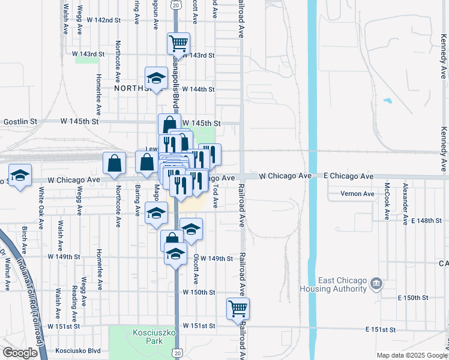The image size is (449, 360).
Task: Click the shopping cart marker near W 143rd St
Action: (178, 43)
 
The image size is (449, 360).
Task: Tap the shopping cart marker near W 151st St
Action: (238, 308)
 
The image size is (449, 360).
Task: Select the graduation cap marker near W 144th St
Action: (156, 78)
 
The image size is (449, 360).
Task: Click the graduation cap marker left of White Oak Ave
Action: (20, 176)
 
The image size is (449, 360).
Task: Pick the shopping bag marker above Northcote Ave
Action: (114, 163)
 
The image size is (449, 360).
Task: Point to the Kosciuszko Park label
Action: (146, 337)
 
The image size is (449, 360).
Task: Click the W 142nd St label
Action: (100, 20)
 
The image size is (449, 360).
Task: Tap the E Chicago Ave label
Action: (349, 176)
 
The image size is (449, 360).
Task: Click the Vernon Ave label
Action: (357, 194)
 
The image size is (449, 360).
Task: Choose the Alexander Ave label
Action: (406, 201)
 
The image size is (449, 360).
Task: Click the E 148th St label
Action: (427, 221)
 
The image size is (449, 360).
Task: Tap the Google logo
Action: (20, 353)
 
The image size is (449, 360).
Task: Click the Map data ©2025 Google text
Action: (411, 355)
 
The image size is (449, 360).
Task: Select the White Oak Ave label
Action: (41, 207)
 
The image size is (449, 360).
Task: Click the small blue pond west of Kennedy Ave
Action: (387, 101)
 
